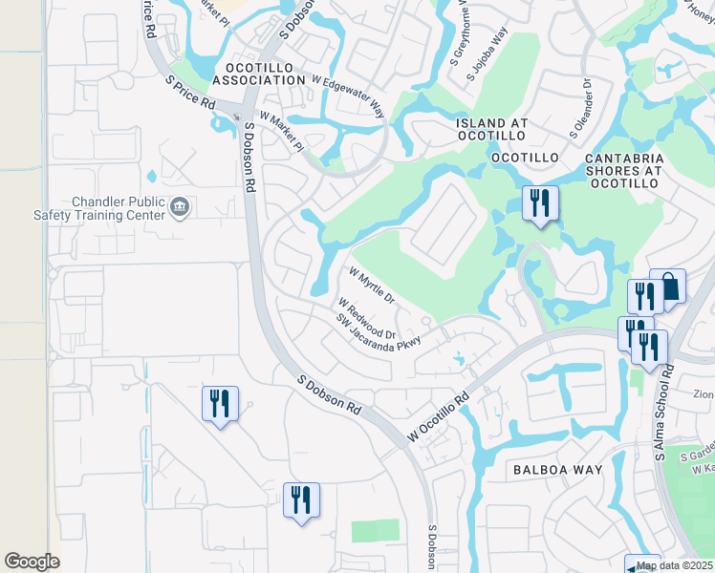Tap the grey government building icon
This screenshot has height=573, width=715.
click(x=179, y=207)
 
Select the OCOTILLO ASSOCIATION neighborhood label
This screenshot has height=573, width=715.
click(x=259, y=74)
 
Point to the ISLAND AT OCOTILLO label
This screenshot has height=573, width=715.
click(x=491, y=130)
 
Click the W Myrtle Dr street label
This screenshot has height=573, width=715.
click(x=372, y=284)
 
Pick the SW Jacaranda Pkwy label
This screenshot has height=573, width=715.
click(x=379, y=335)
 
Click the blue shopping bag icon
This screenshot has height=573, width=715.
click(x=668, y=286)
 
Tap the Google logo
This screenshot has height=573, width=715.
click(x=32, y=562)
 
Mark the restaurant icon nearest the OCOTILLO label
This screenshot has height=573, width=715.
click(x=540, y=203)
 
